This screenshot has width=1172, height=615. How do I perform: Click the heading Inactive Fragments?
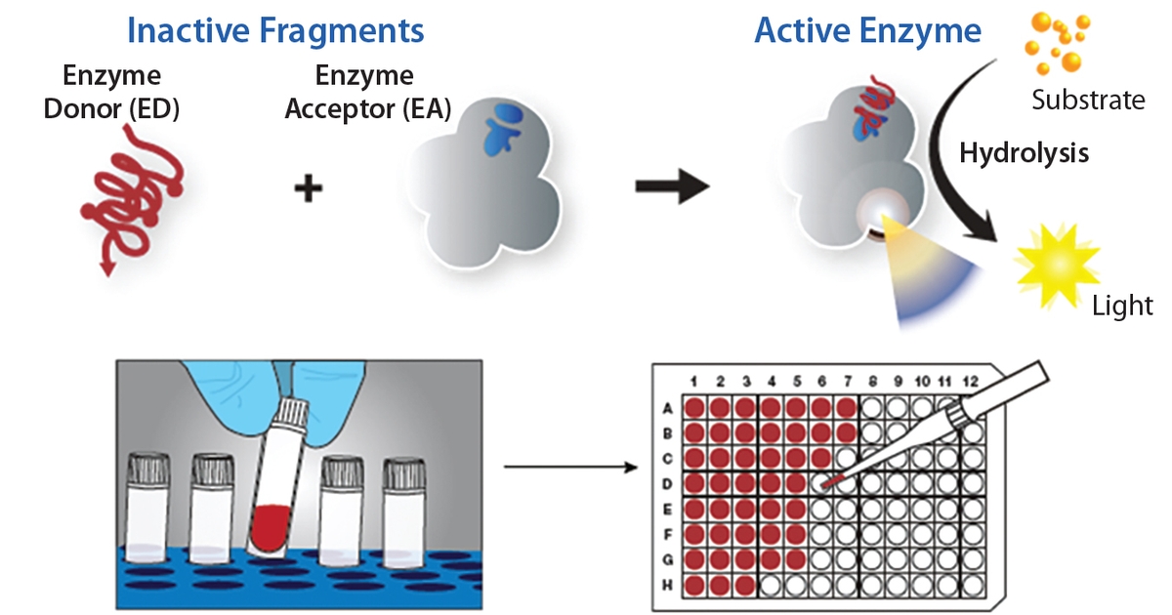276,31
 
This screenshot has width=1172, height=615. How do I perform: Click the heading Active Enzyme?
867,31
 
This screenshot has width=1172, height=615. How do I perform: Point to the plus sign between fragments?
309,187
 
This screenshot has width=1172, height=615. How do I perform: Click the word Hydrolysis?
1024,153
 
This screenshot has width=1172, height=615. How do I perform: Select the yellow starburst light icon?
1057,263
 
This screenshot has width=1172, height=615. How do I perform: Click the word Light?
1122,306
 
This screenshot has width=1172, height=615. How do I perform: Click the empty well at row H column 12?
972,585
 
